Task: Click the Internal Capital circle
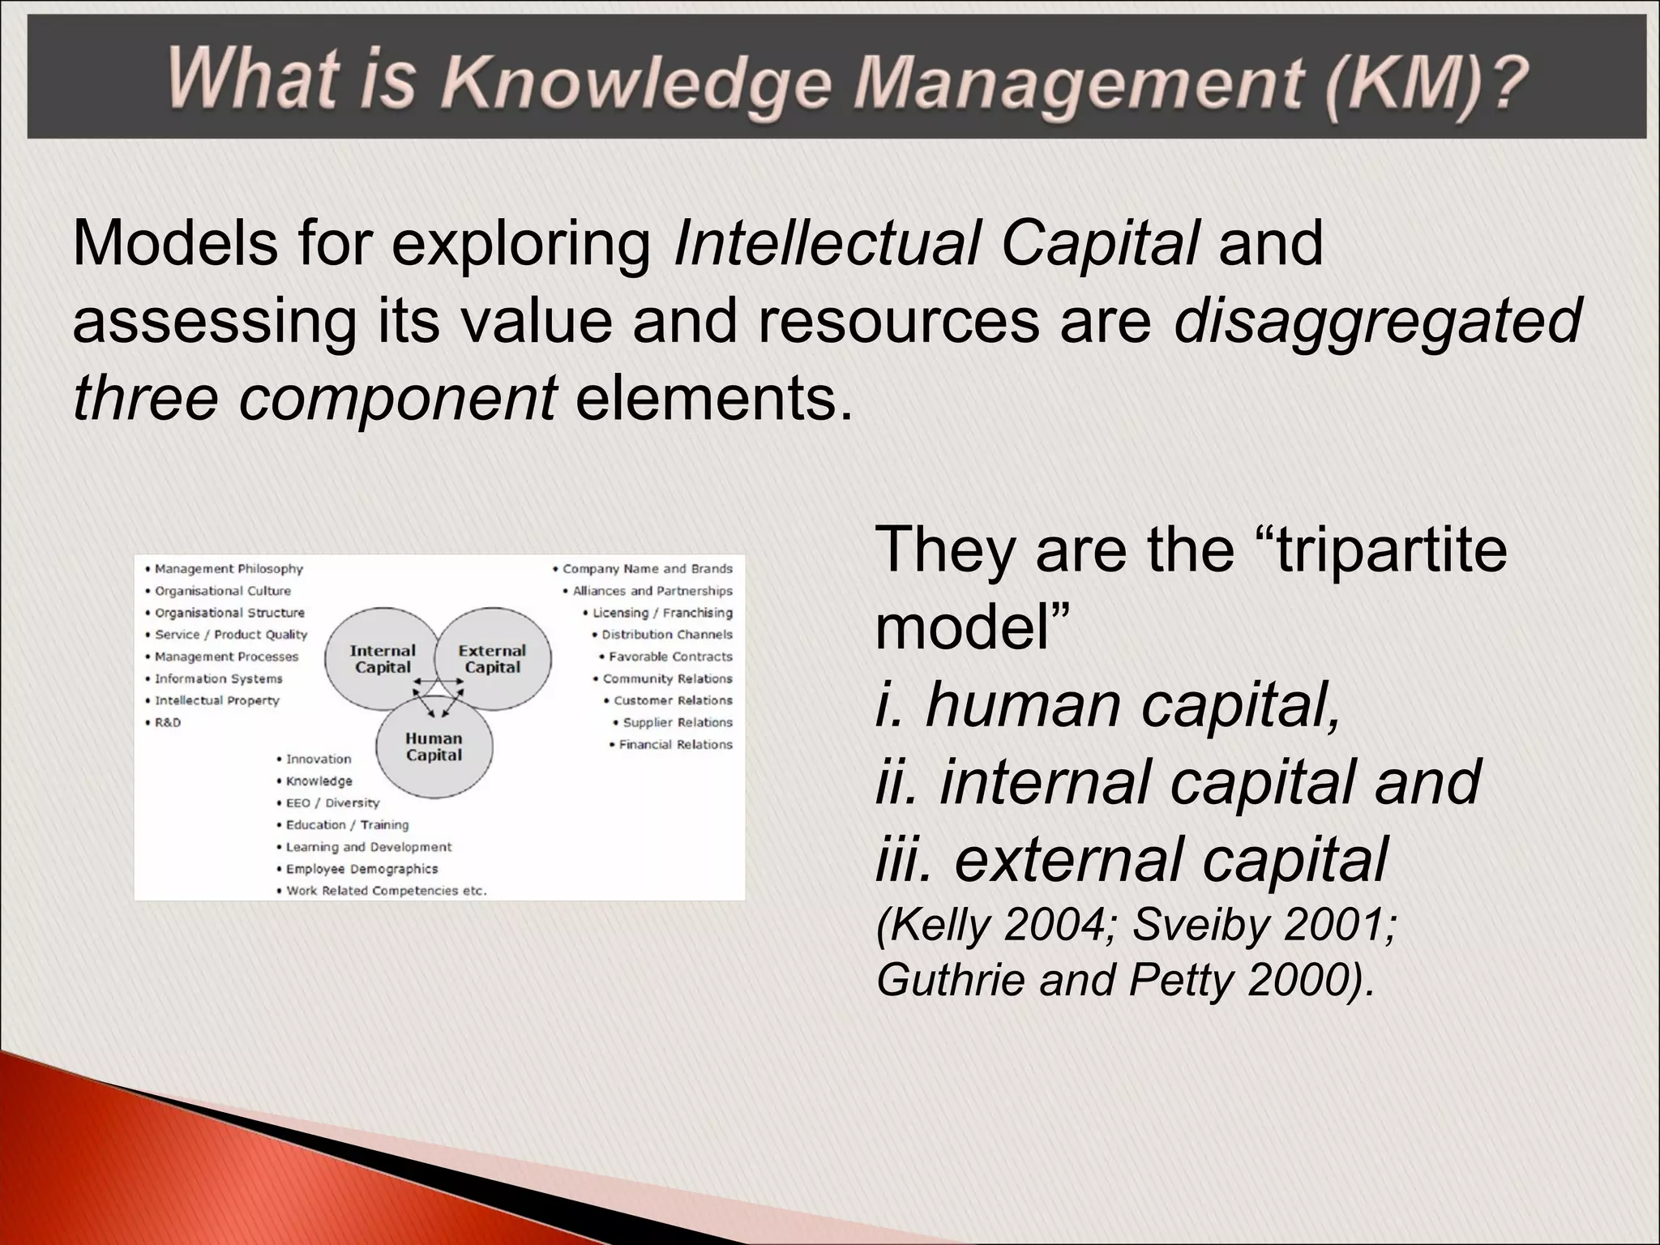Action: click(x=381, y=658)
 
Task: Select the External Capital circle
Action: click(x=493, y=658)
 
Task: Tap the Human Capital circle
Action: click(x=434, y=747)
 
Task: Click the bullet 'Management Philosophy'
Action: click(x=228, y=569)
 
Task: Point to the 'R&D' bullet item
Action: click(x=167, y=722)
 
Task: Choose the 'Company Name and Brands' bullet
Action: click(x=647, y=569)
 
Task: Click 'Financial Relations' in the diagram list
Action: click(x=674, y=744)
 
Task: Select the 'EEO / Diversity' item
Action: click(x=332, y=802)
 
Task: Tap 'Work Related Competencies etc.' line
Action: click(x=386, y=890)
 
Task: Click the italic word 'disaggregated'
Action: click(x=1377, y=321)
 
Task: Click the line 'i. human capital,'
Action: click(x=1108, y=705)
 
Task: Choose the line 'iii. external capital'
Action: click(x=1132, y=859)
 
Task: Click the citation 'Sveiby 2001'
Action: click(x=1264, y=924)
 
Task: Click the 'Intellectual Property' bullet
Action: click(x=216, y=700)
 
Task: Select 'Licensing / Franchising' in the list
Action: click(x=661, y=613)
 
